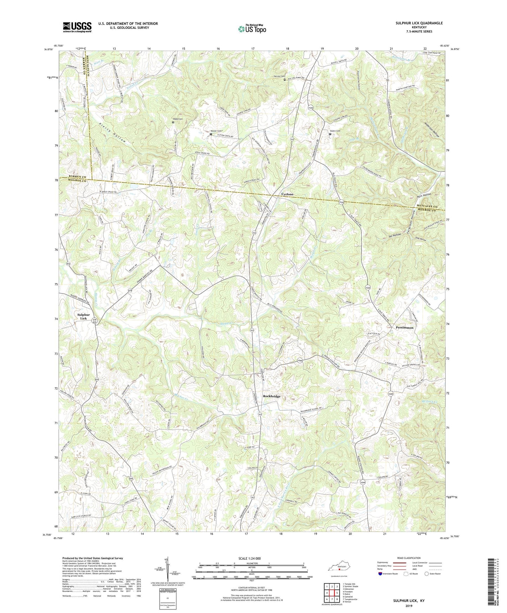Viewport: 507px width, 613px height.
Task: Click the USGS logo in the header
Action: coord(77,27)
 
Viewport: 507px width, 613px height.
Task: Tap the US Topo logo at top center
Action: coord(252,29)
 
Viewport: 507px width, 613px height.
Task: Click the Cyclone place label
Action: coord(287,194)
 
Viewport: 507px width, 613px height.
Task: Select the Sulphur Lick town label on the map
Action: coord(84,317)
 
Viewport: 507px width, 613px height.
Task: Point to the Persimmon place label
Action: coord(405,328)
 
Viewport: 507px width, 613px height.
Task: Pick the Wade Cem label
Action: coord(178,119)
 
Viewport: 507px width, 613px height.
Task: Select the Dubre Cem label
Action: coord(335,131)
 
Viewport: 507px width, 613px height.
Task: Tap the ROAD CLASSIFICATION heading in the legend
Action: coord(408,558)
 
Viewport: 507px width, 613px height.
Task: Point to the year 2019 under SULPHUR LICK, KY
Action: coord(408,606)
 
